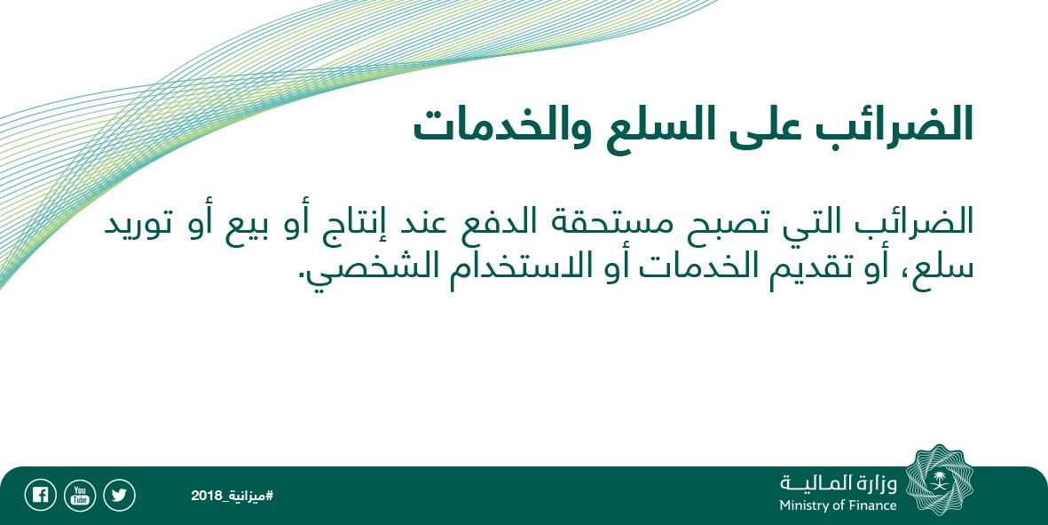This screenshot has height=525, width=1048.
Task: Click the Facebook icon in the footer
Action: (x=40, y=496)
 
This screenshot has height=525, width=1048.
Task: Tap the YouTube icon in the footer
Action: (x=80, y=496)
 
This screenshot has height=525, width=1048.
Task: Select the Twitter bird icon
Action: (x=119, y=496)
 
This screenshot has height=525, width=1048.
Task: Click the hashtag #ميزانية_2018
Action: (x=232, y=496)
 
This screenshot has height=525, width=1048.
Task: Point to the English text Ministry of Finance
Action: (x=838, y=505)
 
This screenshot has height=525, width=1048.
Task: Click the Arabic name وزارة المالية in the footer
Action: (x=838, y=483)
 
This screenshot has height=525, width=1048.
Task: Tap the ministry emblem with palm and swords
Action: (x=940, y=481)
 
